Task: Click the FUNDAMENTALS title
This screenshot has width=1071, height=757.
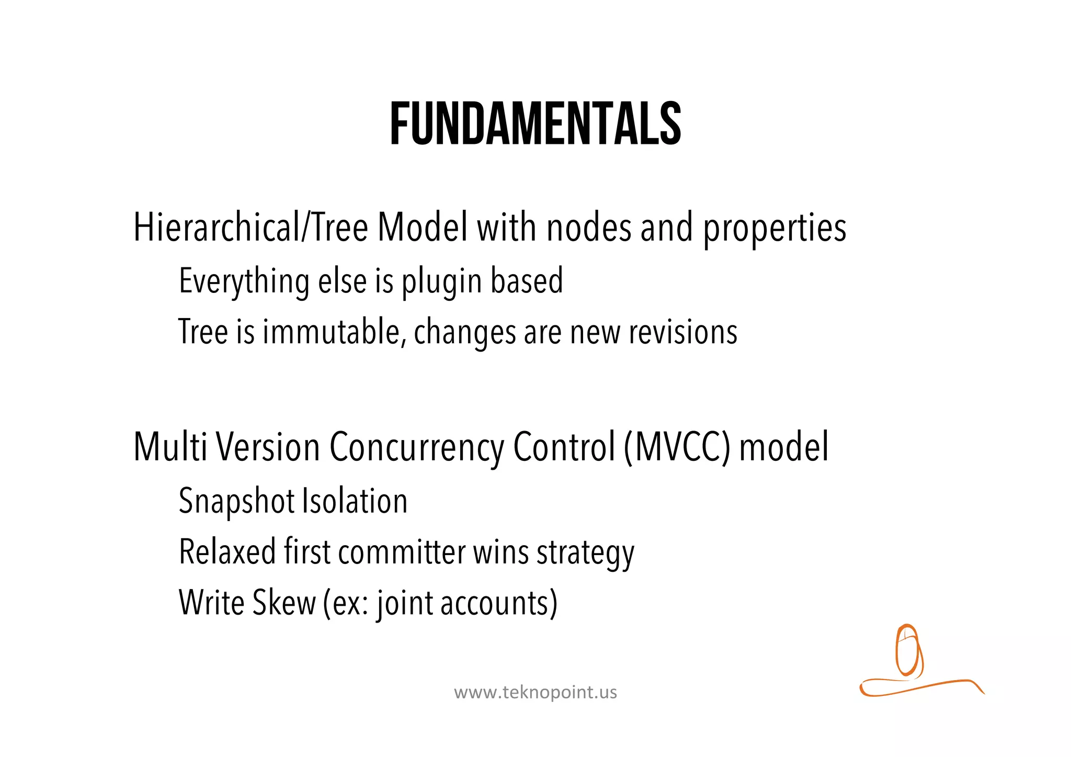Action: [535, 125]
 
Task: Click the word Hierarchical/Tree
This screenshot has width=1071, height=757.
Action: [250, 228]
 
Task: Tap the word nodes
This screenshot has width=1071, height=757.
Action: [589, 228]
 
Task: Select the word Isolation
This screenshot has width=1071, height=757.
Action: [355, 501]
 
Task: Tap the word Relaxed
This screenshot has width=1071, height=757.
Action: [227, 552]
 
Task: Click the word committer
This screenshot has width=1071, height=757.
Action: [402, 552]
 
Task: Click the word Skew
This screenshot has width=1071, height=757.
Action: [284, 603]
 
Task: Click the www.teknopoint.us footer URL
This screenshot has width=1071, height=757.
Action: [535, 693]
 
